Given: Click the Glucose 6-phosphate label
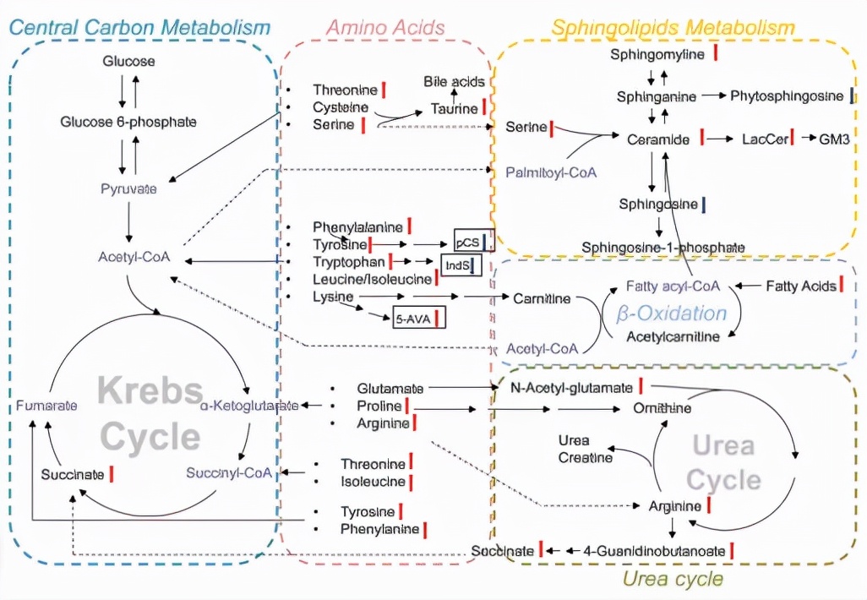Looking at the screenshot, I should pyautogui.click(x=128, y=122).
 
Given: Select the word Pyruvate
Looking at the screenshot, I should pyautogui.click(x=128, y=188).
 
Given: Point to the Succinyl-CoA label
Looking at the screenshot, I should pyautogui.click(x=230, y=472).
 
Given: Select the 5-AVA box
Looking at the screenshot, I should pyautogui.click(x=413, y=319).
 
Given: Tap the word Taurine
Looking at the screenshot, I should pyautogui.click(x=455, y=108).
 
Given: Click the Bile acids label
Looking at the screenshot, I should pyautogui.click(x=455, y=82).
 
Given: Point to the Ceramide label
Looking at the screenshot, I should pyautogui.click(x=658, y=139).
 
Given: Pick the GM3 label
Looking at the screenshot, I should pyautogui.click(x=834, y=139).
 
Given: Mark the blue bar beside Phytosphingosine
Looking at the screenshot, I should pyautogui.click(x=852, y=95).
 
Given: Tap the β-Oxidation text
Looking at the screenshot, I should pyautogui.click(x=672, y=314).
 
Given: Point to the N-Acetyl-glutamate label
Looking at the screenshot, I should pyautogui.click(x=572, y=387).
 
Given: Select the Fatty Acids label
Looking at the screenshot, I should pyautogui.click(x=800, y=286).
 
